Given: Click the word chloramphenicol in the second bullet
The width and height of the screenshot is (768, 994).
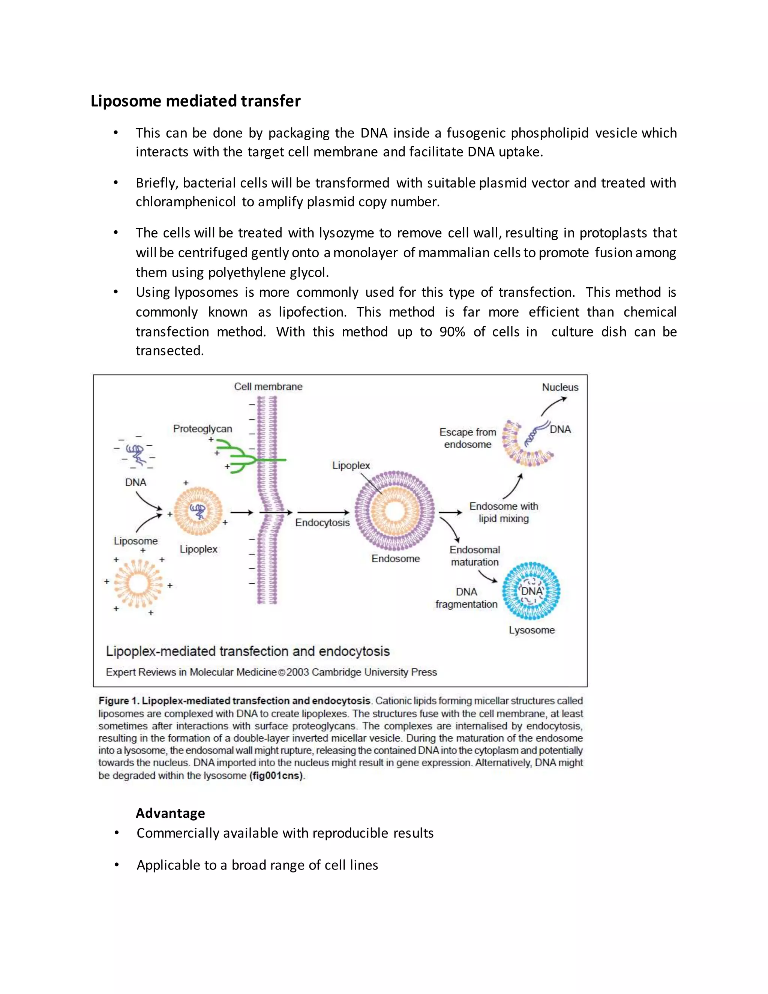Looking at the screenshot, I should point(186,202).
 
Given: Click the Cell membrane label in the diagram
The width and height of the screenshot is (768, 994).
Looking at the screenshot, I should point(268,386).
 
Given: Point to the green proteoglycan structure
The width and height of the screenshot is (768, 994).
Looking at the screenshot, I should point(241,456).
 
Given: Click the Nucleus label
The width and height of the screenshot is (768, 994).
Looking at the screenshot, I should point(559,387).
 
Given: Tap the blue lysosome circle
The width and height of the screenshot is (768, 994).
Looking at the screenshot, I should point(531,591).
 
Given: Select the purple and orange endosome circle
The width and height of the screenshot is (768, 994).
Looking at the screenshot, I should point(394,511).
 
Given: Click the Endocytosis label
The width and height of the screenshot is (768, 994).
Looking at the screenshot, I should point(322,523).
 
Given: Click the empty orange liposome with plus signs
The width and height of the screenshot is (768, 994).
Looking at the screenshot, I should point(138,584).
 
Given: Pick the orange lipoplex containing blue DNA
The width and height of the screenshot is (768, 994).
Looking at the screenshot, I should point(198,511).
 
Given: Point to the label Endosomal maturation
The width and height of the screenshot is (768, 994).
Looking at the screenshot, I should point(474,556).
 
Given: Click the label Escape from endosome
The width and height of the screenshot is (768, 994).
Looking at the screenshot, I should point(468,438).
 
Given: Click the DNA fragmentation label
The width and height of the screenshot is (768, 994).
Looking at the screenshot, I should point(466,598).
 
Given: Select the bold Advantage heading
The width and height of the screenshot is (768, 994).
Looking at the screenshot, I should point(170,813).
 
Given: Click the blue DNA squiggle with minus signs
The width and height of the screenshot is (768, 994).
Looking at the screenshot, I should point(136,454).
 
